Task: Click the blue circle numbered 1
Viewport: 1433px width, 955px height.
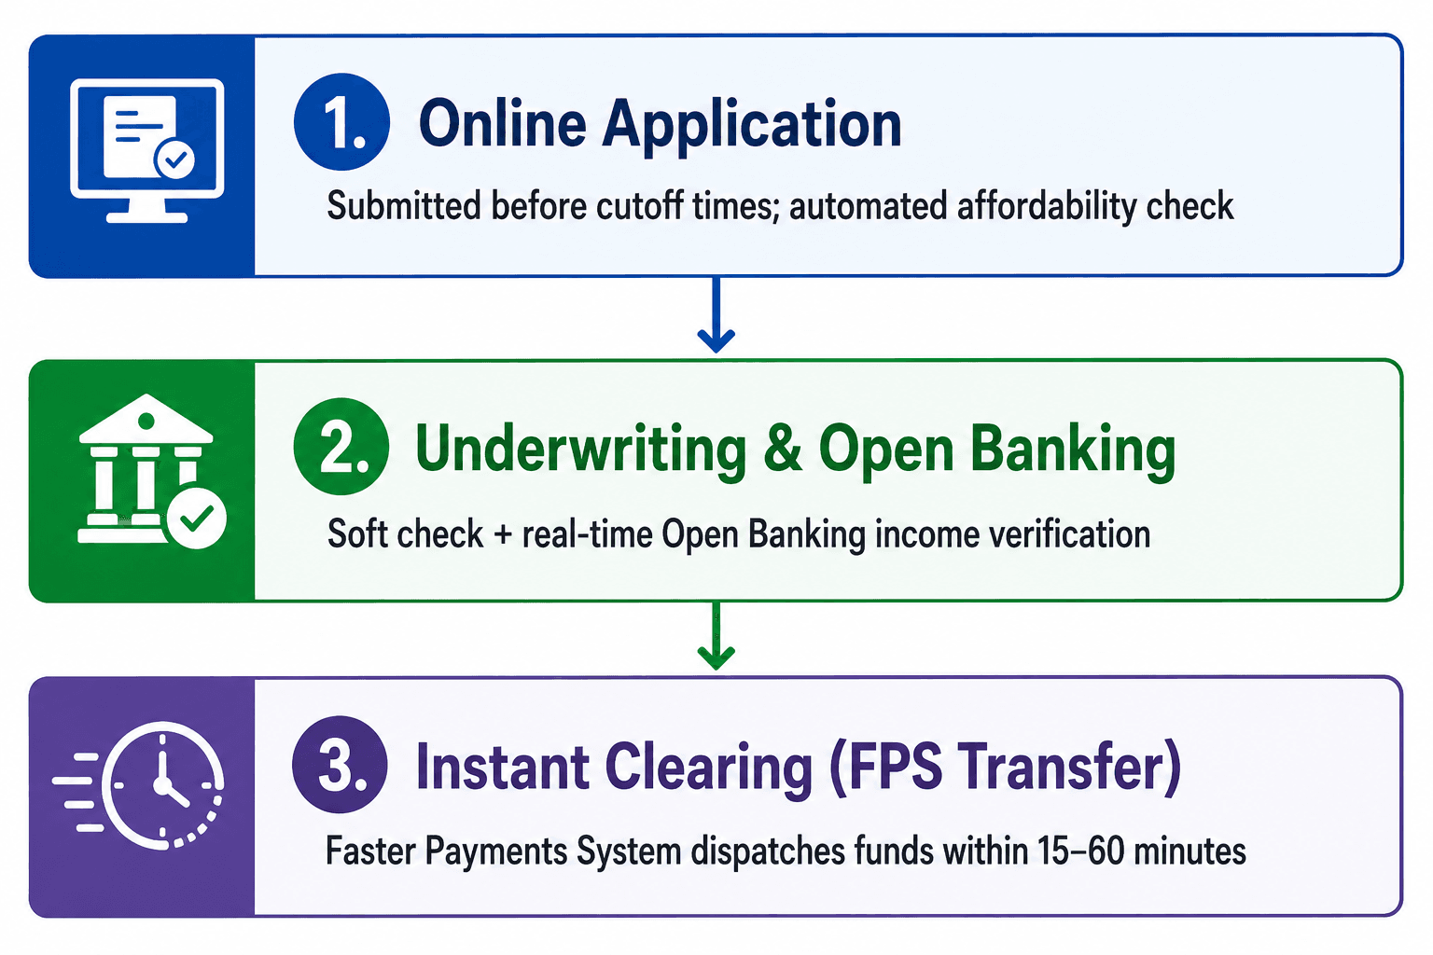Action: (x=341, y=121)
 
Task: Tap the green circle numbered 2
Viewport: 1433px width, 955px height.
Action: (x=341, y=447)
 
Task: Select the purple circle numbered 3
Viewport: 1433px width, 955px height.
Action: (x=340, y=765)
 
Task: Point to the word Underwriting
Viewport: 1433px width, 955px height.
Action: (x=581, y=451)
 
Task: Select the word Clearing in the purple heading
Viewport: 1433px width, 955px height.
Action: (x=708, y=770)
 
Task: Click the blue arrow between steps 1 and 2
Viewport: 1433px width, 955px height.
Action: (x=716, y=314)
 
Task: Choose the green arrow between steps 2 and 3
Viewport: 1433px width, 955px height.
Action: (x=716, y=636)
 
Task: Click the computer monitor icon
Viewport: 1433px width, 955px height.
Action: (x=147, y=151)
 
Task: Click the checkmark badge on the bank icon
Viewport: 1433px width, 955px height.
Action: (x=196, y=519)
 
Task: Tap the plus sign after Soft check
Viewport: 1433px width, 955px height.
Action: (x=503, y=534)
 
